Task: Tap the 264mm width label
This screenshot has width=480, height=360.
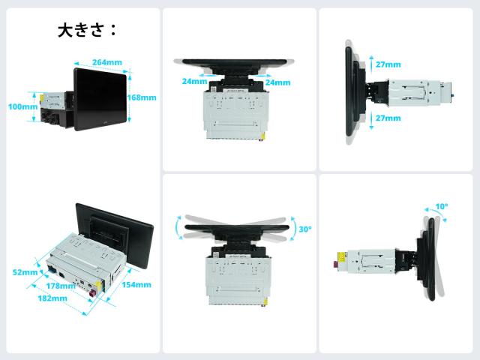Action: tap(107, 62)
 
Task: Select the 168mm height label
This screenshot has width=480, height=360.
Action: tap(142, 97)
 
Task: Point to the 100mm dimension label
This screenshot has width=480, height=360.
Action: tap(23, 106)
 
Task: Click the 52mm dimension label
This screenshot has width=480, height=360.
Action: tap(25, 272)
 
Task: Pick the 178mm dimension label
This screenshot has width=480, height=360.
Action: tap(61, 286)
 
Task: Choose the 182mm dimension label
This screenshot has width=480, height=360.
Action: tap(52, 298)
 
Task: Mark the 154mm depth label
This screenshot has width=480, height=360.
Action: tap(136, 285)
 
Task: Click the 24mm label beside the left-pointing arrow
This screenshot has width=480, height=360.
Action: tap(195, 81)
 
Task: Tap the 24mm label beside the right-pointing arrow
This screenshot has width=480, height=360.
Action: tap(277, 82)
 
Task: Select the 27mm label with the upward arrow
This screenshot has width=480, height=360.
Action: tap(388, 64)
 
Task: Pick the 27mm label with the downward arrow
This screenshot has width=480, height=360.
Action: tap(388, 118)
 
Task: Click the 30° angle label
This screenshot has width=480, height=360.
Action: tap(305, 229)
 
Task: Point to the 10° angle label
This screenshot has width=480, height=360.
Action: tap(442, 207)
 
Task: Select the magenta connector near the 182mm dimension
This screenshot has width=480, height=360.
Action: tap(93, 295)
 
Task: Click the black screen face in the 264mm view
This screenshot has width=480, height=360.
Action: tap(100, 99)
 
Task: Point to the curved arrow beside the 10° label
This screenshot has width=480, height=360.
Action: tap(435, 211)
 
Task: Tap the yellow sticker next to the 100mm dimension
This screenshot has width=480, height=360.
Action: tap(42, 97)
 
